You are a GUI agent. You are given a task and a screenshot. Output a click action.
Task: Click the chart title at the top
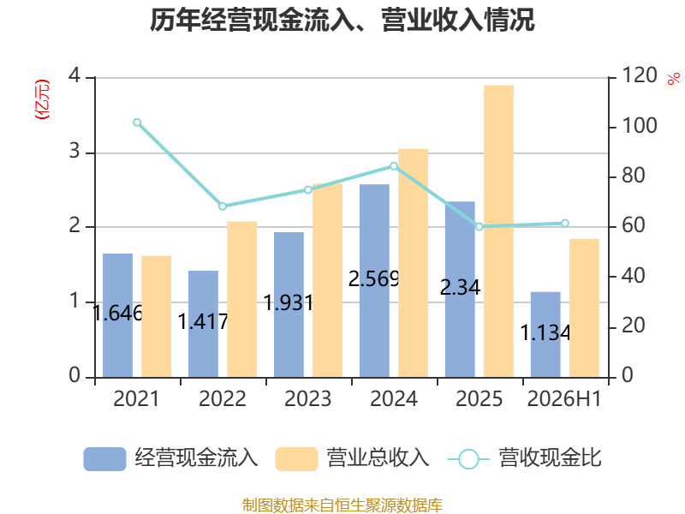coord(342,20)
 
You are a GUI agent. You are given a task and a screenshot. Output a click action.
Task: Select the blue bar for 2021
coord(117,315)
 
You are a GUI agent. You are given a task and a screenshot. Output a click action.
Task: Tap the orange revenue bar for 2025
coord(498,231)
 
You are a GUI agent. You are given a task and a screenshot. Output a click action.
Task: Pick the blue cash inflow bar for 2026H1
coord(545,334)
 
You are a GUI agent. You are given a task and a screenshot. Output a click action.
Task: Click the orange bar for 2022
coord(242,299)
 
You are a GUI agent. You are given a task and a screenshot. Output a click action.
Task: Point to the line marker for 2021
coord(137,123)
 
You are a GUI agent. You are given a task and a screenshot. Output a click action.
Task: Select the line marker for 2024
coord(394,166)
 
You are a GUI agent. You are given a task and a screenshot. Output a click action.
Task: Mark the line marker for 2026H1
coord(565,224)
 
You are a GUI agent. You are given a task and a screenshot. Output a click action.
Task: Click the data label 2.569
coord(374,279)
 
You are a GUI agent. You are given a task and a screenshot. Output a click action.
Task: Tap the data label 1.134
coord(545,333)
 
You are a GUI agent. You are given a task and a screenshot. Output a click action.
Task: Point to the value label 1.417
coord(203,322)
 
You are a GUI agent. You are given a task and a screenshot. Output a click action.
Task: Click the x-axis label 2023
coord(308,399)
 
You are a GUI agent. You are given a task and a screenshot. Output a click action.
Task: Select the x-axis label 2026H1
coord(564,399)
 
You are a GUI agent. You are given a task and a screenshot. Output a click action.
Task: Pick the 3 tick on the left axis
coord(74,152)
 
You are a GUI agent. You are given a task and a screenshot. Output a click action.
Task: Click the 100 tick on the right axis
coord(639,126)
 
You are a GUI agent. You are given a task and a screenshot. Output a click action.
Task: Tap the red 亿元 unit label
coord(42,99)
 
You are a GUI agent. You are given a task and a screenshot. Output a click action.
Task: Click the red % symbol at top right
coord(674,79)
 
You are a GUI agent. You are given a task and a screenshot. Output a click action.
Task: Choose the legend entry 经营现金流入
coord(170,458)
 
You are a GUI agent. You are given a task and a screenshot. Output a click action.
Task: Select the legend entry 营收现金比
coord(525,458)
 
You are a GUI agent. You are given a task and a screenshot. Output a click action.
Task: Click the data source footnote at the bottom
coord(342,505)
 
